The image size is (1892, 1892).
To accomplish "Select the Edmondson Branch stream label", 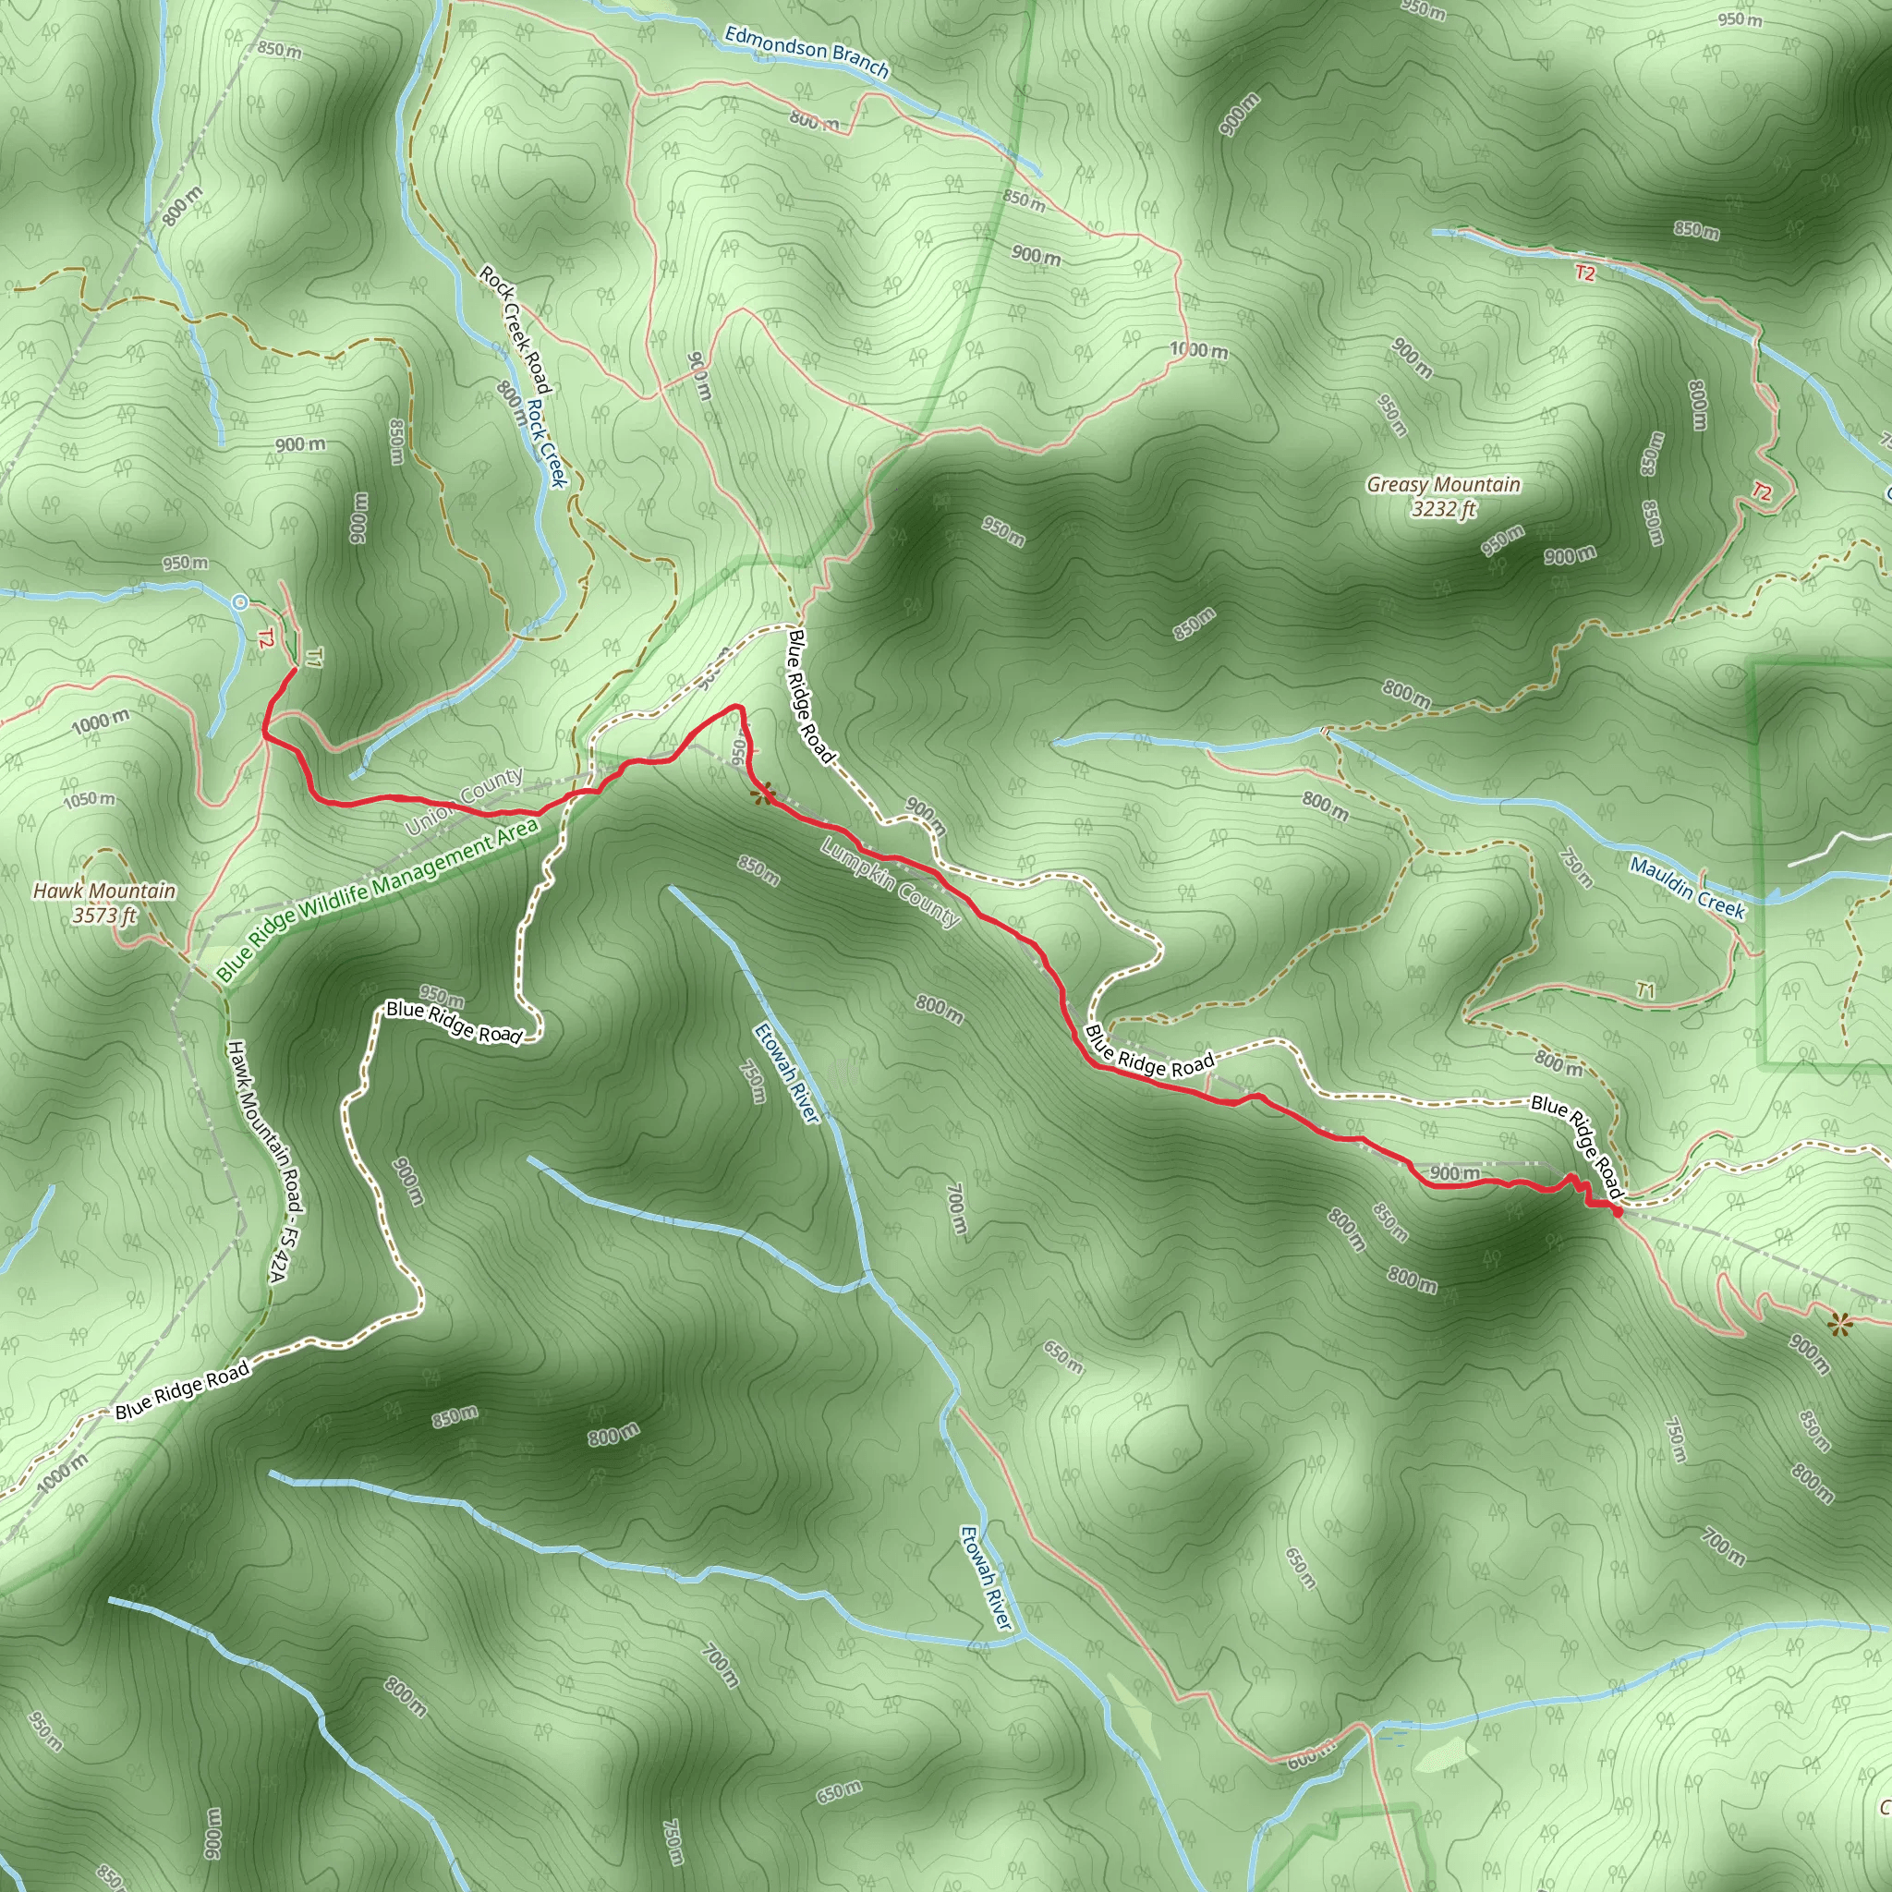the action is [806, 52].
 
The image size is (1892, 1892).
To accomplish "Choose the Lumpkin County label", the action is [891, 882].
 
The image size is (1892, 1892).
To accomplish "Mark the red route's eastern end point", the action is [1618, 1212].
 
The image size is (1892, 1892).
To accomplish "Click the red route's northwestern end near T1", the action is [294, 669].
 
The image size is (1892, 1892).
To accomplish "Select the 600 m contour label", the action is [1309, 1758].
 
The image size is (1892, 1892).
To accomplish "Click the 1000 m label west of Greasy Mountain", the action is [1198, 350].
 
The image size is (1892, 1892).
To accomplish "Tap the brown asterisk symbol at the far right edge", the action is [1840, 1326].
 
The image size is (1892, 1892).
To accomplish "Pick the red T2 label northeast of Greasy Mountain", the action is [1761, 492].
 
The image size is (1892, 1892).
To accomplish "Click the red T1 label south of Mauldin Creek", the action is [1645, 991].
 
